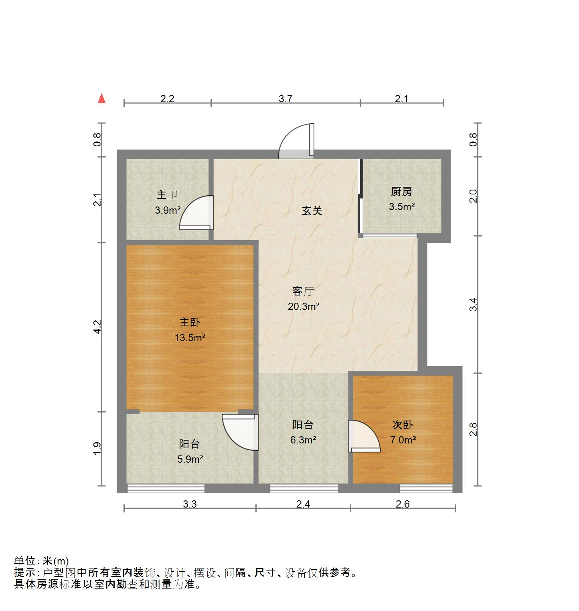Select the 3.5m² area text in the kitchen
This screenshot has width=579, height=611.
(401, 207)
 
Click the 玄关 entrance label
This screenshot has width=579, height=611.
(312, 211)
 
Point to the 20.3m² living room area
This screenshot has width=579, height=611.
(304, 307)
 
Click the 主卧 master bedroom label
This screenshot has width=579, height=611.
(190, 322)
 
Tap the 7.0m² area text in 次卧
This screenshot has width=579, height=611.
(403, 440)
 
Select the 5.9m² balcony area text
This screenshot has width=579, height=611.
(190, 459)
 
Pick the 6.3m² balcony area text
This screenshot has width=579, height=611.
(304, 440)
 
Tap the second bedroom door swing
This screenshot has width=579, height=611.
(363, 436)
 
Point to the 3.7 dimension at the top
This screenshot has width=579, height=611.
(285, 99)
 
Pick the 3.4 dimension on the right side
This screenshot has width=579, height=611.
(474, 304)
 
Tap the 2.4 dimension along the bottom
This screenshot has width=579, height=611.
(303, 504)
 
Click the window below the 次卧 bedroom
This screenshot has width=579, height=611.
(426, 488)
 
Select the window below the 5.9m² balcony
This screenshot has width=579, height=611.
(166, 488)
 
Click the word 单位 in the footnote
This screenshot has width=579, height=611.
(25, 561)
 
